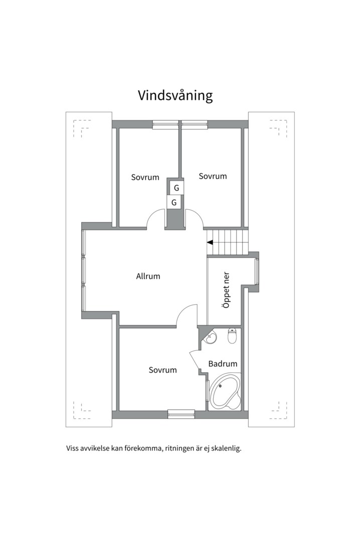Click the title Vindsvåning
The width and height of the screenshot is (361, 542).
click(175, 95)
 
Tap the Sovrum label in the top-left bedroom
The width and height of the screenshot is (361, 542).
click(145, 177)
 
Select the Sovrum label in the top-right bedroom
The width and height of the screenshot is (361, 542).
click(213, 176)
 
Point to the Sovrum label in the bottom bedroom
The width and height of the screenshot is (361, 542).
click(162, 370)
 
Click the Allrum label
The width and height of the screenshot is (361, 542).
click(148, 276)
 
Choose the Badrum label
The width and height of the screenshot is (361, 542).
click(223, 364)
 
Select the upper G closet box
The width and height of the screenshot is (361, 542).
click(176, 188)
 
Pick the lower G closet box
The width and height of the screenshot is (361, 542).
click(174, 202)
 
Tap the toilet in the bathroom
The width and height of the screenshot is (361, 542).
click(232, 336)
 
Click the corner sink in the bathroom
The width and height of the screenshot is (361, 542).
click(210, 338)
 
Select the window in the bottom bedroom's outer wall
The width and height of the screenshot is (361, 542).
click(181, 413)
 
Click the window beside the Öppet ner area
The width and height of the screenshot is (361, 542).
click(257, 271)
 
